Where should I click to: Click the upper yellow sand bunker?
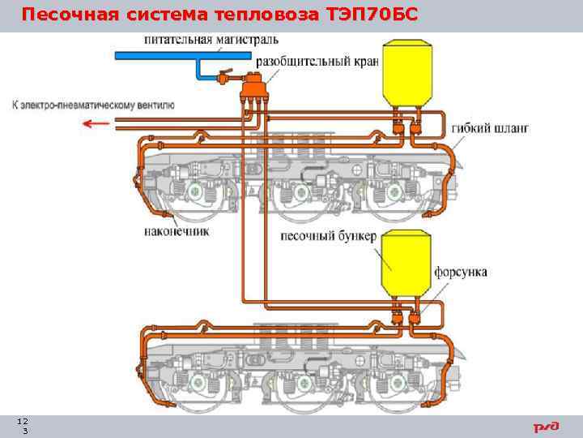406,75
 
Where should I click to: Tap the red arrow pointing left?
99,123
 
